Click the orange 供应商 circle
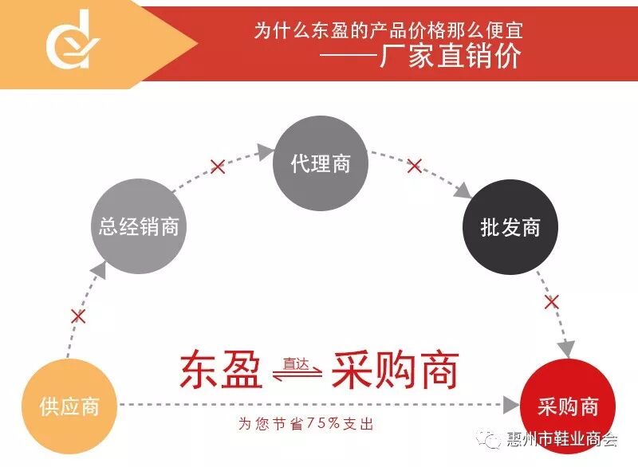click(69, 405)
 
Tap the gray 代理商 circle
click(321, 164)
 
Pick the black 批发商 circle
click(510, 227)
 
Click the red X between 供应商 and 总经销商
click(77, 316)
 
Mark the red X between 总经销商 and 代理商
click(217, 167)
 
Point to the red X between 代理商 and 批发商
click(414, 166)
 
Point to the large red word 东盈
click(222, 369)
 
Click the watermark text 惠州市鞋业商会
click(562, 439)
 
